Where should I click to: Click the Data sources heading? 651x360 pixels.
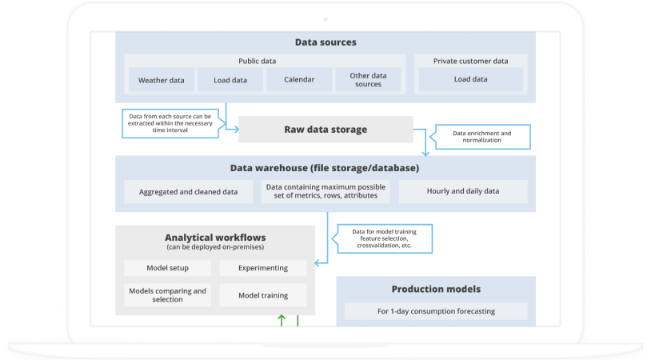click(325, 42)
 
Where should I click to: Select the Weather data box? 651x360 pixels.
click(161, 80)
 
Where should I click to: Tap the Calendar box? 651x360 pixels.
click(298, 80)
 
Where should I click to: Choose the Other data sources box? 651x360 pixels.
click(368, 80)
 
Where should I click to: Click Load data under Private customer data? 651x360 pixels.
click(470, 80)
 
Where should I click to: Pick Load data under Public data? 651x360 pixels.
click(230, 80)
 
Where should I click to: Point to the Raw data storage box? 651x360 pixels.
click(325, 130)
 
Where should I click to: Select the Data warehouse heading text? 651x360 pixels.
click(325, 168)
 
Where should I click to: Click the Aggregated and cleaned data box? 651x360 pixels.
click(188, 192)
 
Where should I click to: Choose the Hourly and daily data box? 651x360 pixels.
click(463, 192)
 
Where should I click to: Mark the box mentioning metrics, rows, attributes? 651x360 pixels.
click(325, 192)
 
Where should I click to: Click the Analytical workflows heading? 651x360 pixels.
click(215, 238)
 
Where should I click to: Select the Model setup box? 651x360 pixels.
click(167, 268)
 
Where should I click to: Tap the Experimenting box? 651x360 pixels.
click(262, 268)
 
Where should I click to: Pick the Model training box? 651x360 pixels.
click(262, 295)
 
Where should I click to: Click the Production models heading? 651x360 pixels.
click(436, 289)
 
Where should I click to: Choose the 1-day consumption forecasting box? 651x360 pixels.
click(436, 311)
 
